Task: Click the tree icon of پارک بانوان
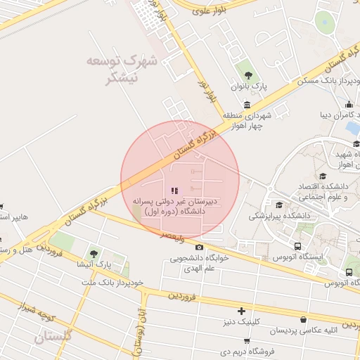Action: coord(247,73)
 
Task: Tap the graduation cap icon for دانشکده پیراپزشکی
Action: coord(279,205)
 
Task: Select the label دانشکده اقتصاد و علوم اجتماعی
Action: coord(326,191)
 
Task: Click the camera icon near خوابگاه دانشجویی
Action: coord(200,247)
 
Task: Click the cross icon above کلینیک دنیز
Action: coord(242,311)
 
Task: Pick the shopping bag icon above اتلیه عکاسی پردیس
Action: coord(303,320)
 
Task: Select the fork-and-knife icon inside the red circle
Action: coord(174,191)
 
